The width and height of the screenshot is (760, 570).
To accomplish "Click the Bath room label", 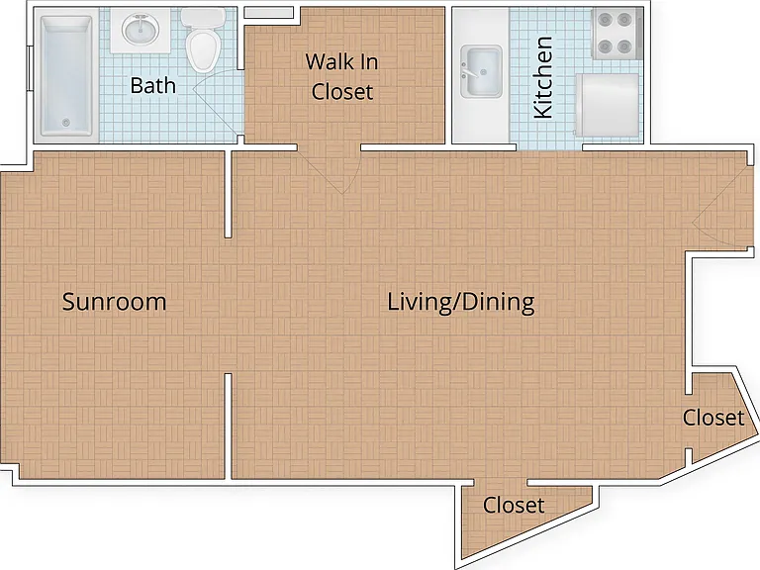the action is click(153, 86).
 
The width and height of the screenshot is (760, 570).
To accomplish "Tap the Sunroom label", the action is click(115, 302).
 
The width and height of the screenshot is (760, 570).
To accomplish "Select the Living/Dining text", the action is click(461, 303).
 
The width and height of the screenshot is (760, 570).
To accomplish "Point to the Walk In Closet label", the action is click(342, 76).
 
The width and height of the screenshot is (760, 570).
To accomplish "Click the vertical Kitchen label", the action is click(543, 77).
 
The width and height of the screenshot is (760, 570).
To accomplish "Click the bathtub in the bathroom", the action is click(66, 75).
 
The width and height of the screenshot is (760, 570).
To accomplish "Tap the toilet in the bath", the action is click(203, 41).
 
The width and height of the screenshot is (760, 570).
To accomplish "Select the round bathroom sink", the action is click(141, 30).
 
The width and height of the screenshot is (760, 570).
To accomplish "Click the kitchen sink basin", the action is click(481, 71).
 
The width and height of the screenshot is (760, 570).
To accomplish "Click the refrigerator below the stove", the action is click(608, 105).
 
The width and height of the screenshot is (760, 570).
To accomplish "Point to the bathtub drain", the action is click(66, 123).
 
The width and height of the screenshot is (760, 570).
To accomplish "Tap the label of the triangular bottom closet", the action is click(514, 506).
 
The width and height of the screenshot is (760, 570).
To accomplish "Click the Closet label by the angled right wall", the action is click(713, 418).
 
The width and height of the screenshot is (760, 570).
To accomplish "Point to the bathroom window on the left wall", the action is click(30, 67).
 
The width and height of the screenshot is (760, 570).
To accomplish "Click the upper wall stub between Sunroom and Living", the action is click(229, 194).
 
